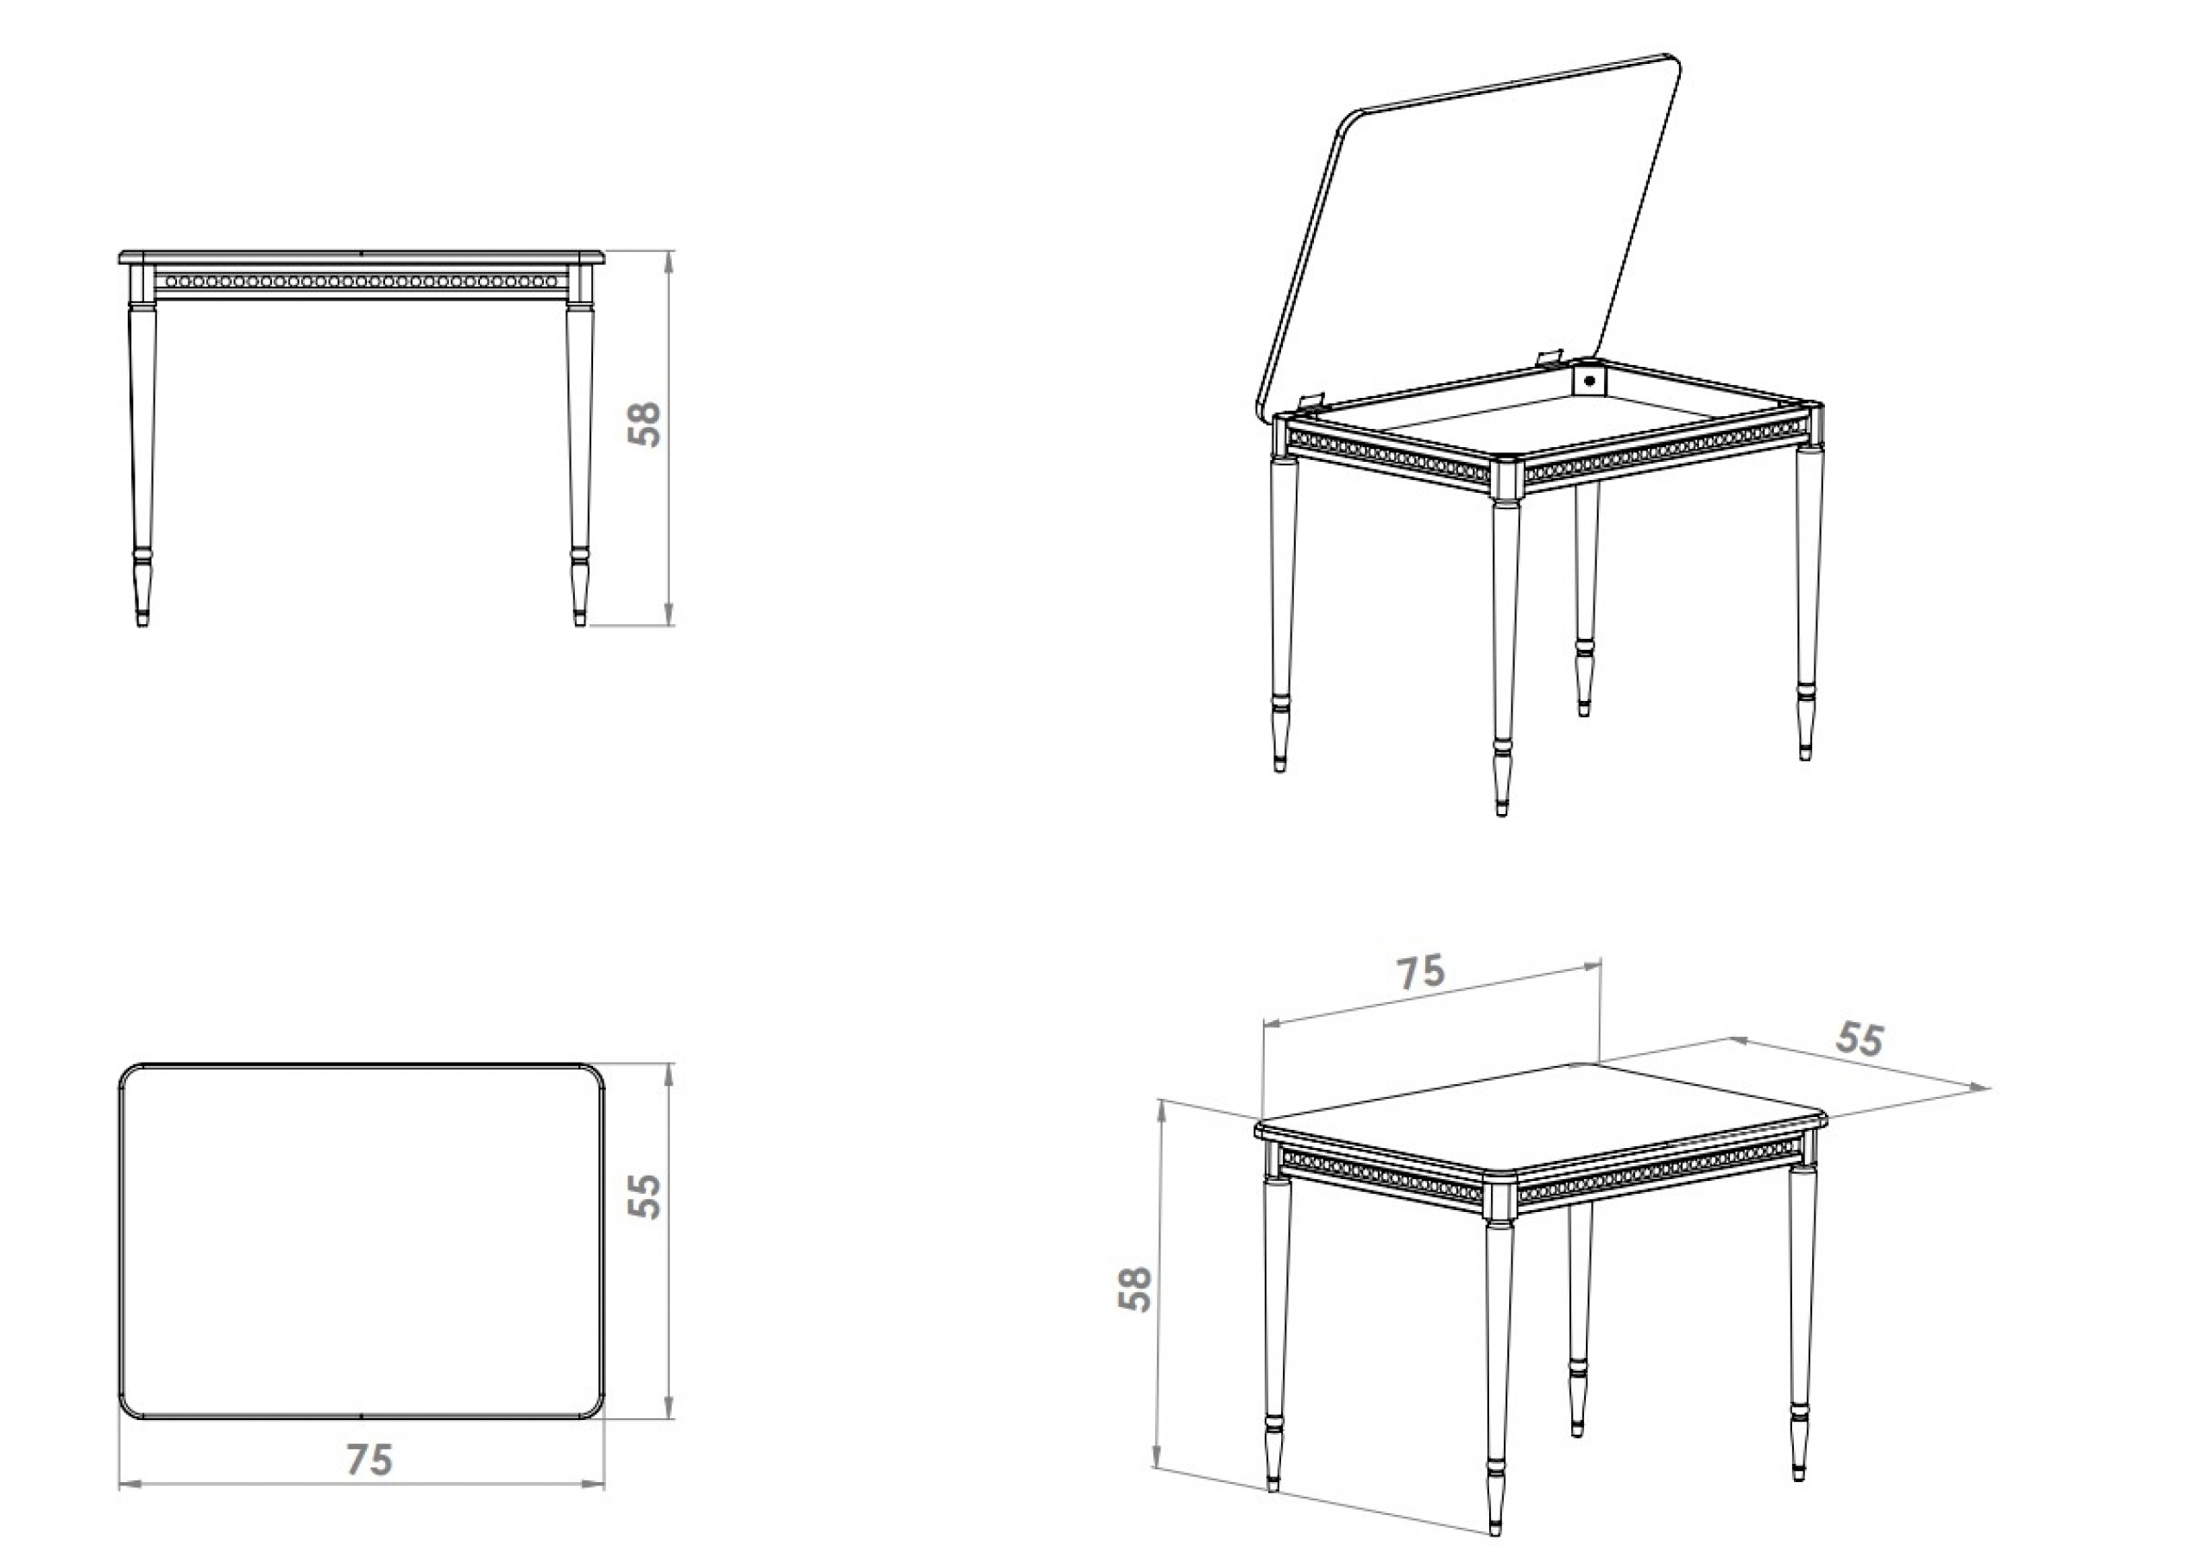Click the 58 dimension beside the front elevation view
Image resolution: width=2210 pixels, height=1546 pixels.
[645, 423]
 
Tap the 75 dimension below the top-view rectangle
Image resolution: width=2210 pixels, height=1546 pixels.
[369, 1460]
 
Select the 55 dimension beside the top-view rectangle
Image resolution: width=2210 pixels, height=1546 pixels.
[645, 1196]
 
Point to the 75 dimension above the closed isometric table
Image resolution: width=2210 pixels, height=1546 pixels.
[1421, 971]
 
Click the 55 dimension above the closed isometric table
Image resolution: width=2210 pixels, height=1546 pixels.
[1859, 1038]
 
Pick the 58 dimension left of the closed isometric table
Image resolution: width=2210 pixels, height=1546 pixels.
[1135, 1289]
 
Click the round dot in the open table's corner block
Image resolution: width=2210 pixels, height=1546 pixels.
[1589, 379]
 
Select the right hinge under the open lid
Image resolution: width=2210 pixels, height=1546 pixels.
[1548, 358]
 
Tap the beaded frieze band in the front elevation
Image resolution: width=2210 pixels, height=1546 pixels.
[360, 282]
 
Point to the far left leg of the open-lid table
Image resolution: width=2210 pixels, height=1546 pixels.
[1282, 596]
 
